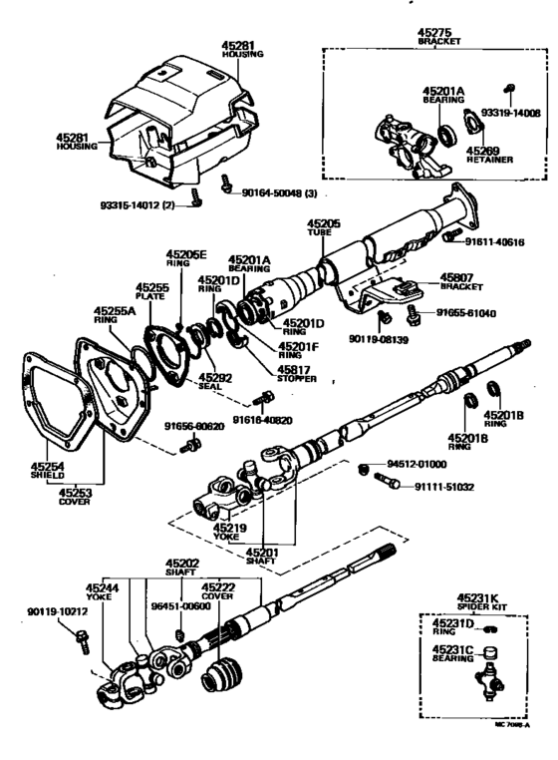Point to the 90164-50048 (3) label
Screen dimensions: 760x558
(x=283, y=191)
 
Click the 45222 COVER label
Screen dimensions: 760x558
(x=218, y=592)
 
